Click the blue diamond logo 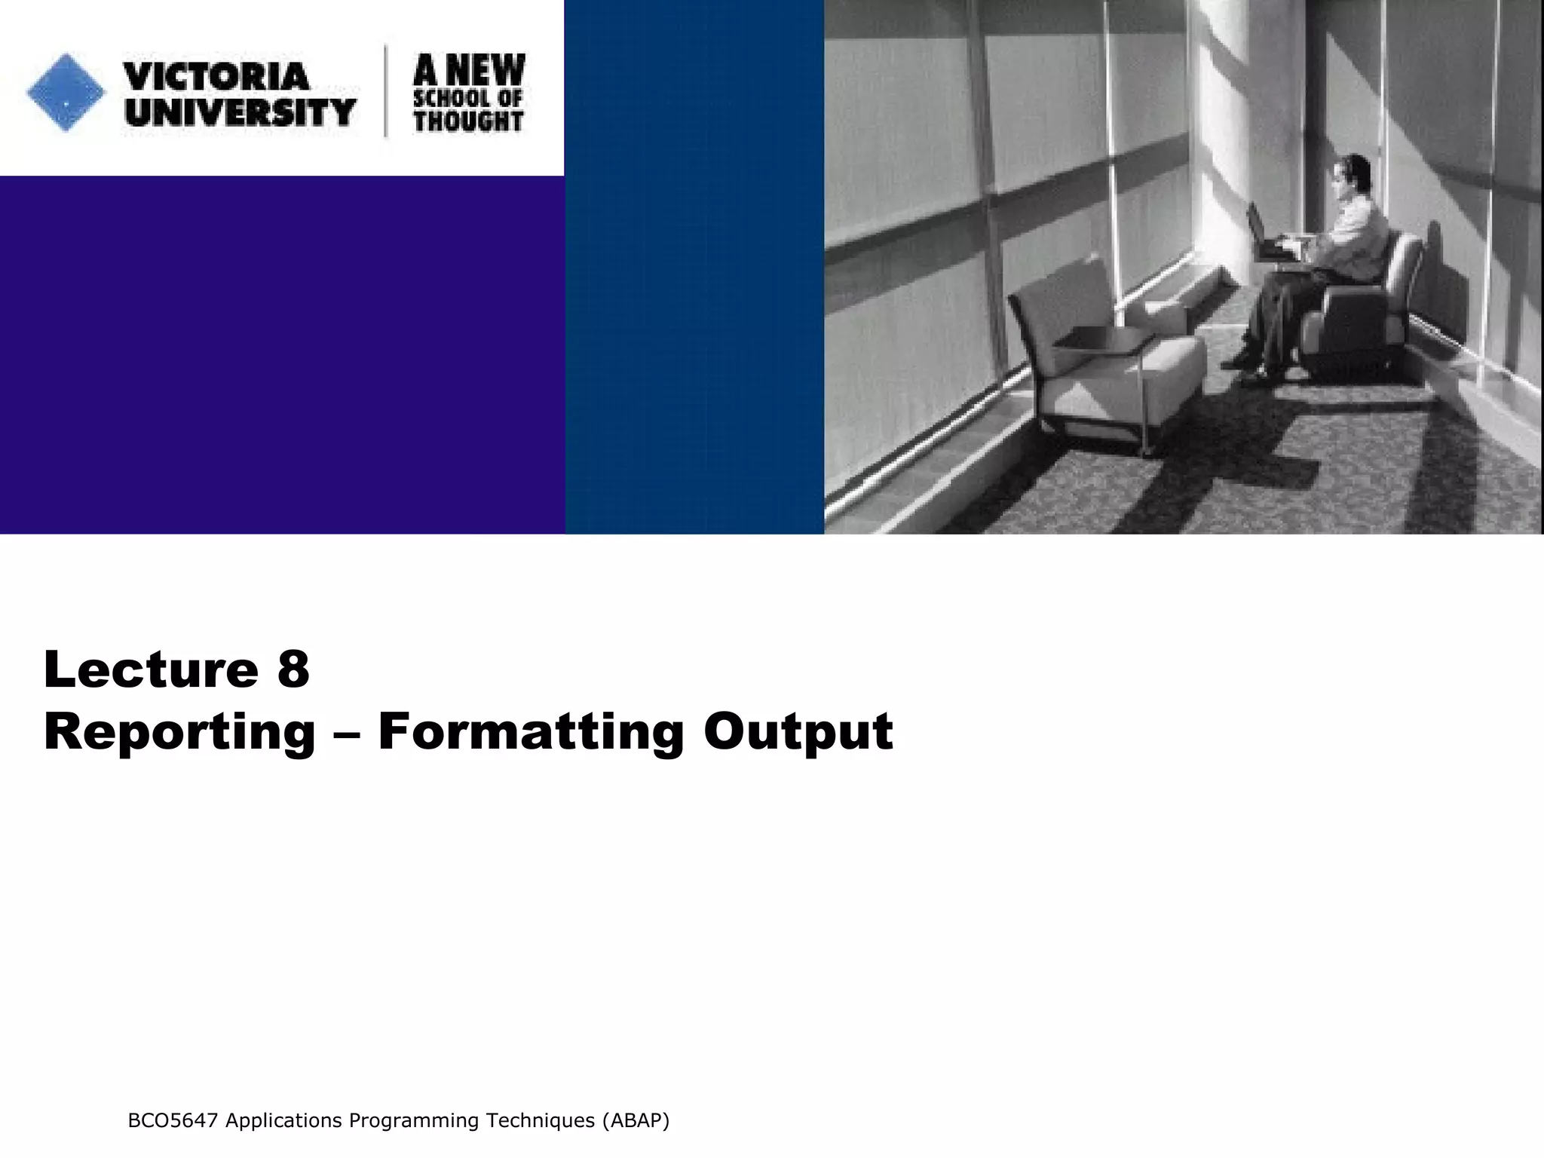point(66,93)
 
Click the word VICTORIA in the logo point(216,76)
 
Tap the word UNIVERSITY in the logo point(240,112)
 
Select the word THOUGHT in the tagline point(468,121)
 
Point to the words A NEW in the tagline point(469,70)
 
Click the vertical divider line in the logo point(387,91)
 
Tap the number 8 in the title point(293,669)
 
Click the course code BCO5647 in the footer point(173,1121)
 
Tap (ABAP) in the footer point(635,1121)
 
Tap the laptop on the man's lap point(1267,237)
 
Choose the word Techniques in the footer point(540,1121)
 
